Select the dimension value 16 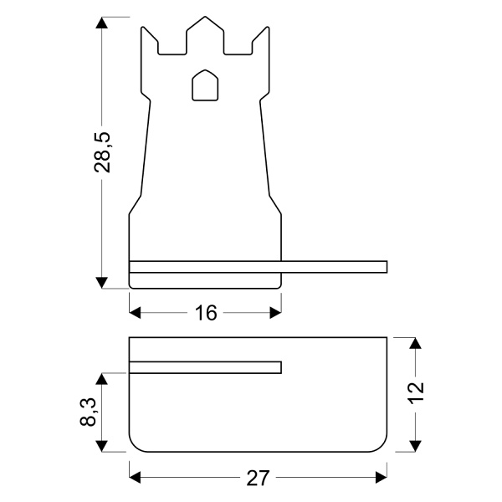[206, 313]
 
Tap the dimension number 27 [257, 478]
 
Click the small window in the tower [204, 85]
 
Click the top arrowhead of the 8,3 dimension [103, 379]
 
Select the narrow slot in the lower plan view [205, 366]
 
